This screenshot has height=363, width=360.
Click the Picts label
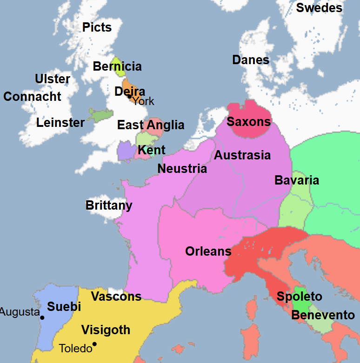(97, 27)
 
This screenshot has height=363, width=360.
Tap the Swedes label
(319, 8)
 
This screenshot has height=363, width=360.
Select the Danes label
(251, 60)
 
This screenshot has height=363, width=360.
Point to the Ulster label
(53, 79)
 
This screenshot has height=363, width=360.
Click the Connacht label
(33, 97)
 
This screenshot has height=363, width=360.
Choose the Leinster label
(60, 123)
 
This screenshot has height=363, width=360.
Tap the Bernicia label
(117, 66)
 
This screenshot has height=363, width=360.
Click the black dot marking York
(130, 96)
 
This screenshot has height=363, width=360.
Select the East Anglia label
(151, 125)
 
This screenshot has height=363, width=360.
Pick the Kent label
(152, 150)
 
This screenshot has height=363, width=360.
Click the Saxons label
(248, 122)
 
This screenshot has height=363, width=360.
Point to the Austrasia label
(242, 155)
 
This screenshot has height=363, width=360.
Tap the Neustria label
(182, 168)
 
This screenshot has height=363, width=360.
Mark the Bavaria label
(297, 180)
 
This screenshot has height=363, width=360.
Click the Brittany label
(109, 205)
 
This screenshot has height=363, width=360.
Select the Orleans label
(208, 251)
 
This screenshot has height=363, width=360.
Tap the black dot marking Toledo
(94, 344)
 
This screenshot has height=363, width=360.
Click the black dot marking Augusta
(42, 318)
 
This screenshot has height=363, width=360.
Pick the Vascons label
(116, 297)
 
